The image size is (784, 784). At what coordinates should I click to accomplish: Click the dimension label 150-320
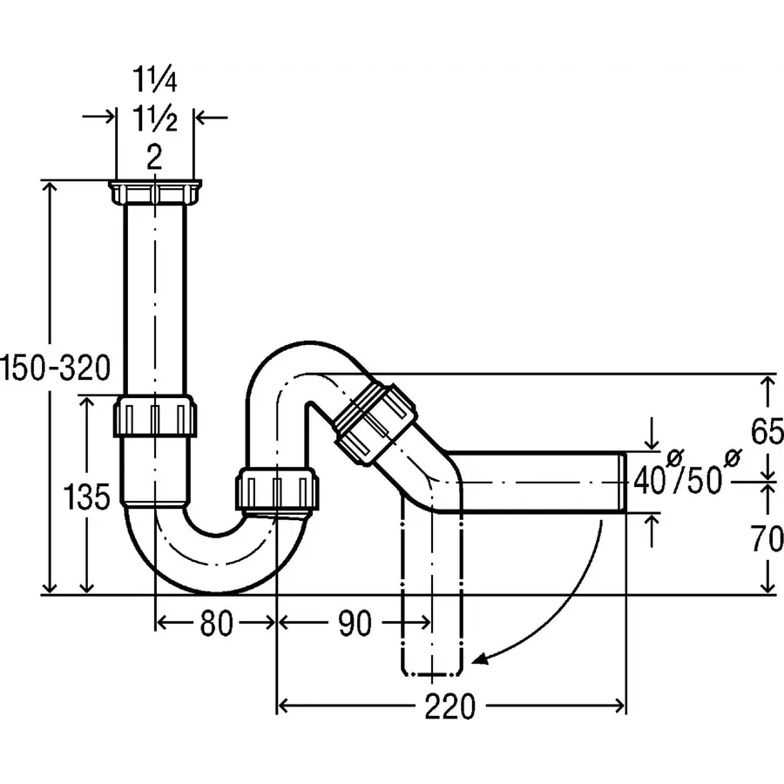click(57, 368)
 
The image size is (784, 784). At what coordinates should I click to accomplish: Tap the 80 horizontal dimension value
click(215, 624)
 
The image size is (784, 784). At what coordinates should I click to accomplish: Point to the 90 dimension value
click(354, 624)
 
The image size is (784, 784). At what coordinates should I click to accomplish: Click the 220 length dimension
click(450, 707)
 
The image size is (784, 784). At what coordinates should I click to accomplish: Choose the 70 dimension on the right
click(767, 540)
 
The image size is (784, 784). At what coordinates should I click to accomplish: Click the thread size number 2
click(154, 157)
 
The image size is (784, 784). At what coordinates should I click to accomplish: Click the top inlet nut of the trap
click(155, 193)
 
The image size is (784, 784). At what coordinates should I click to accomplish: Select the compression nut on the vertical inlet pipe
click(155, 416)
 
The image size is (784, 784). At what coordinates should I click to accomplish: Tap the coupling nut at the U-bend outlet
click(279, 488)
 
